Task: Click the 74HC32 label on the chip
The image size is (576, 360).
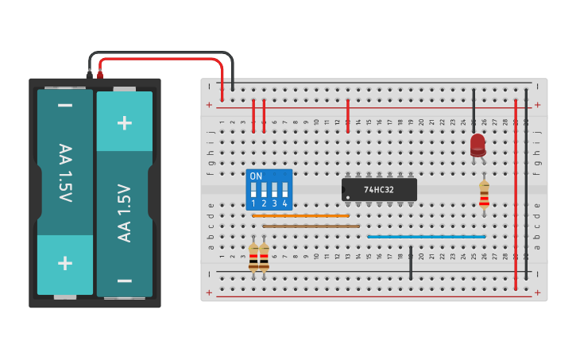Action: (x=379, y=190)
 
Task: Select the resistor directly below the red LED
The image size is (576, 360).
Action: (x=484, y=195)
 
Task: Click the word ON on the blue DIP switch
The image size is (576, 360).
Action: (x=256, y=176)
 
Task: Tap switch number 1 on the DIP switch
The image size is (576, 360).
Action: (x=253, y=191)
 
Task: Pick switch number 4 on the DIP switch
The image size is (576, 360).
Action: (x=284, y=191)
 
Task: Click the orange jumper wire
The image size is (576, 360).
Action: (x=300, y=215)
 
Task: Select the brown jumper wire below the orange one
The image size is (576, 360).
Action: (x=311, y=226)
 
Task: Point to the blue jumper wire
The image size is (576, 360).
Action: (x=426, y=236)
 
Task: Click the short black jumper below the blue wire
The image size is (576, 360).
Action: (x=411, y=263)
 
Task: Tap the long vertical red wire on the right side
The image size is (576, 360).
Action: (x=516, y=195)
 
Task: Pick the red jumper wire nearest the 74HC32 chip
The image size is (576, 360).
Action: (x=348, y=115)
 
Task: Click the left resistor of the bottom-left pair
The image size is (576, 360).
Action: (x=253, y=257)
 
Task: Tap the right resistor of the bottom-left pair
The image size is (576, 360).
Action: (x=264, y=257)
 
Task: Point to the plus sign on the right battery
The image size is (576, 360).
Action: (x=125, y=122)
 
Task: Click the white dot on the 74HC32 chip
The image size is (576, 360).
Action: (x=348, y=197)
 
